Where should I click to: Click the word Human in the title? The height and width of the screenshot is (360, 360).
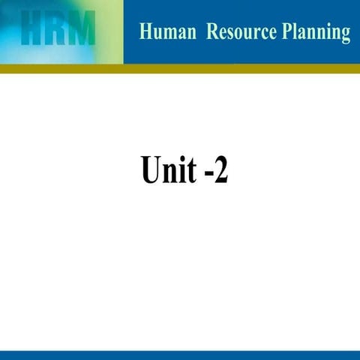[167, 32]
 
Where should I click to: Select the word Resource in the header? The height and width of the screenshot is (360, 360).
[243, 32]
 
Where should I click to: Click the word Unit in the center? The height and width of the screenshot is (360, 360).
[168, 169]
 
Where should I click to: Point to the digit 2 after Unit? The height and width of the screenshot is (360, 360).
[219, 170]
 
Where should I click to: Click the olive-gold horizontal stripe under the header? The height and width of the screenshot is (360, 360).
[180, 68]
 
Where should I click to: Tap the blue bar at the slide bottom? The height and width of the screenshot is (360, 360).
[180, 355]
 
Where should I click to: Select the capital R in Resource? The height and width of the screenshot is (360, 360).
[213, 32]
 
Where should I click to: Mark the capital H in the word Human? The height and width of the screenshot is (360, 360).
[145, 32]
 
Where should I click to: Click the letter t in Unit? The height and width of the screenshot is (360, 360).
[190, 171]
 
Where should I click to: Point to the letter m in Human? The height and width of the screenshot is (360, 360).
[170, 34]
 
